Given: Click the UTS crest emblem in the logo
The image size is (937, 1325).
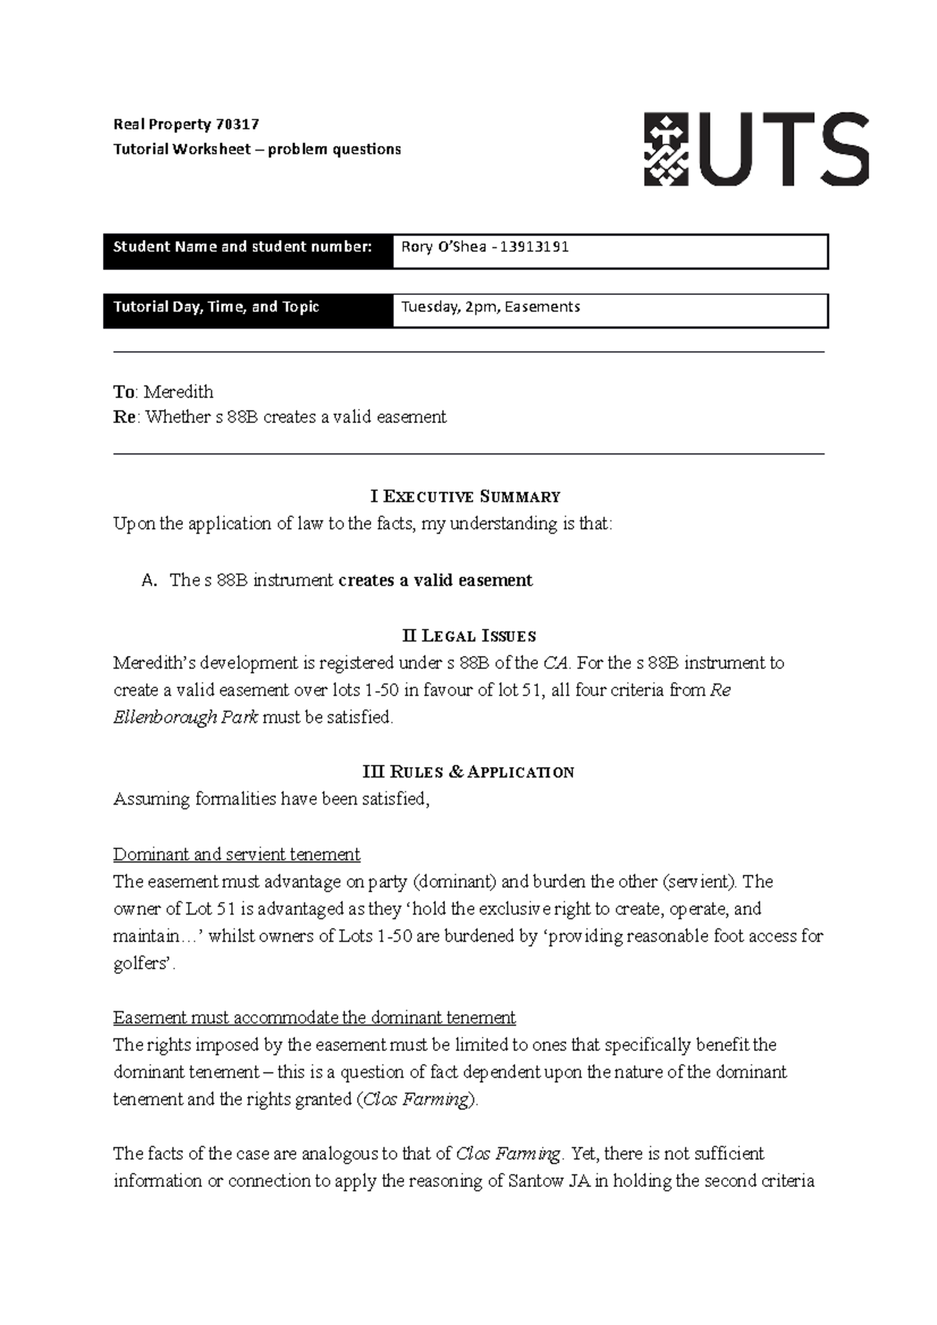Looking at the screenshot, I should point(666,149).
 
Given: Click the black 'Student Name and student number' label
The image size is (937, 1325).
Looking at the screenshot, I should point(242,247).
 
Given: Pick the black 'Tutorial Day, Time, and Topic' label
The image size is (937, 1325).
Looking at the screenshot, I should point(216,307).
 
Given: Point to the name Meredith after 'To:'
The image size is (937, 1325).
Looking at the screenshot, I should point(178,392).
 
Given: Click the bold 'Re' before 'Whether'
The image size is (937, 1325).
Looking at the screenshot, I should point(123,417).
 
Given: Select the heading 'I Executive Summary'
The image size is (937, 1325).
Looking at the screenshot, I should point(465,496).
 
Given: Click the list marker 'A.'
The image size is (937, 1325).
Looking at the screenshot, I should point(150,581).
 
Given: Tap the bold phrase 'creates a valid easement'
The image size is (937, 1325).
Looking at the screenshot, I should point(436,581).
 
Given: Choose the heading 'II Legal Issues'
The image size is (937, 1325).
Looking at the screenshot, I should point(468,635).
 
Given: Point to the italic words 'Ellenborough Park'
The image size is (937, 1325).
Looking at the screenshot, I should point(185,718).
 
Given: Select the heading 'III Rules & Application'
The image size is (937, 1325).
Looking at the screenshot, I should point(468,772).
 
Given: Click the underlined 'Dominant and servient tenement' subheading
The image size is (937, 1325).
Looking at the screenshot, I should point(237,854).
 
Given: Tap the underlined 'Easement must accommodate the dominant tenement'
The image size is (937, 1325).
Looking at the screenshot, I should point(314,1018).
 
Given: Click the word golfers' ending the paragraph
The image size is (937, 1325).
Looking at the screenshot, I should point(144,964).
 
